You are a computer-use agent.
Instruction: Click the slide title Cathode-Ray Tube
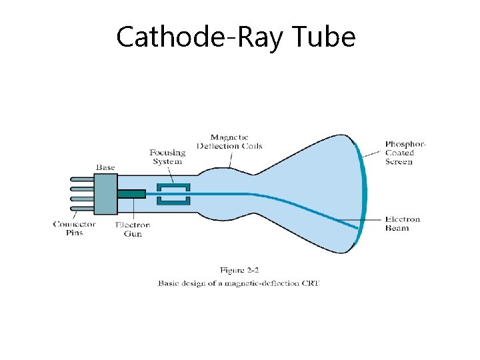tap(235, 37)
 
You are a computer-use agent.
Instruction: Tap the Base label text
tap(105, 167)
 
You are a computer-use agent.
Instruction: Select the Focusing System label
tap(167, 157)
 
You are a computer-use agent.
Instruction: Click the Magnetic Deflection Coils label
tap(229, 141)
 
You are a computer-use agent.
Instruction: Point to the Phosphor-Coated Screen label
tap(405, 153)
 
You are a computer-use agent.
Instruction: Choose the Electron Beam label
tap(403, 223)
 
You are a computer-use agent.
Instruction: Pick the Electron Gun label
tap(133, 229)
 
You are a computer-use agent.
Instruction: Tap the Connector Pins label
tap(75, 229)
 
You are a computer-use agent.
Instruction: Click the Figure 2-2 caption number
tap(239, 270)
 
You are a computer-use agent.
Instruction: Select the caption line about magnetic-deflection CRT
tap(239, 283)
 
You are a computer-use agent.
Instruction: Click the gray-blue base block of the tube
tap(105, 193)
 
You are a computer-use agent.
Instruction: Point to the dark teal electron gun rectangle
tap(131, 194)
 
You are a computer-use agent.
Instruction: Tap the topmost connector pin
tap(81, 179)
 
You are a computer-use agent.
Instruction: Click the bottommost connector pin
tap(81, 208)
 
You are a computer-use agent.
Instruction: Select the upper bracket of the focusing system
tap(173, 187)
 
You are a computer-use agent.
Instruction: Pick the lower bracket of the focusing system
tap(173, 201)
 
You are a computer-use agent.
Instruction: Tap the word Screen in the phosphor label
tap(399, 162)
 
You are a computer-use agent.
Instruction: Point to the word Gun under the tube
tap(133, 234)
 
